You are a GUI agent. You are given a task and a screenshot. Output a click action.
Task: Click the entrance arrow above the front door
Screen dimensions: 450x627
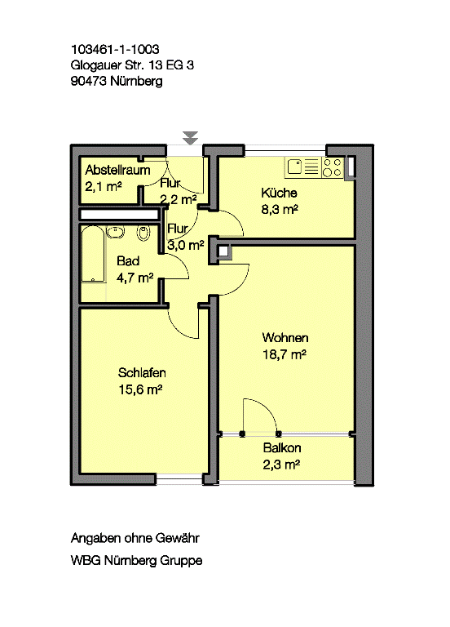click(x=190, y=137)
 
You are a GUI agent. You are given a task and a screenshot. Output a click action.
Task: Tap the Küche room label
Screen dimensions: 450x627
click(x=279, y=193)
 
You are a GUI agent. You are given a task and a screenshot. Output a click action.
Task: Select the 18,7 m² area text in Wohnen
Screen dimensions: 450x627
click(x=285, y=354)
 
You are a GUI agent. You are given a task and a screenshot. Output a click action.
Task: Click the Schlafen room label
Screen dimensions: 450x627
click(x=142, y=372)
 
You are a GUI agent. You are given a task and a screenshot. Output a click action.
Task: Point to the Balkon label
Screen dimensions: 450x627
click(x=282, y=448)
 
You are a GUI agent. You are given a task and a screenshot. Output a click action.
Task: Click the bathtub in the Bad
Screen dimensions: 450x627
click(x=93, y=255)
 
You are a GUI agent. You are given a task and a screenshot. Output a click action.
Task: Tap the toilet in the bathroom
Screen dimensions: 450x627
click(x=143, y=233)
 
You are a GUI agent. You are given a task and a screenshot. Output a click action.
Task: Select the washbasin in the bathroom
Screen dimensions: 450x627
click(x=116, y=232)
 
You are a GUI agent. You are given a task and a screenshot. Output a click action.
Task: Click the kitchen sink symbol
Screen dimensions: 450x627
click(x=302, y=167)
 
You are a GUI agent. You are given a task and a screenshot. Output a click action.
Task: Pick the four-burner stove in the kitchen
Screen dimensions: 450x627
click(x=333, y=167)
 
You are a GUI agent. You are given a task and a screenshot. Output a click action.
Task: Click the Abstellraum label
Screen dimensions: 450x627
click(x=117, y=170)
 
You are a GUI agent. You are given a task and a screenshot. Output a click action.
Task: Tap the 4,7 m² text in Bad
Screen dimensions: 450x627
click(x=135, y=278)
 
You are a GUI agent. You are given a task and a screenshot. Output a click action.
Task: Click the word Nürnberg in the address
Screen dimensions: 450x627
click(x=136, y=81)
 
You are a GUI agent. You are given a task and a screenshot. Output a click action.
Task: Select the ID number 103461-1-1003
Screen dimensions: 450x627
click(x=115, y=49)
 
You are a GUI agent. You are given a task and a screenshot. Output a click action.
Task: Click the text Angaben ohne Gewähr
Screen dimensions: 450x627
click(x=135, y=538)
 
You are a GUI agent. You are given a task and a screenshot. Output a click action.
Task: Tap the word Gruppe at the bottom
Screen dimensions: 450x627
click(x=181, y=560)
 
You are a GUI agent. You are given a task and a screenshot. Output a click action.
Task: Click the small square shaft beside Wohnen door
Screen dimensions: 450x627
click(x=223, y=251)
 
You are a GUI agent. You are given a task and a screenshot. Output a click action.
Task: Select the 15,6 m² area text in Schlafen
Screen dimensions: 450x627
click(x=140, y=389)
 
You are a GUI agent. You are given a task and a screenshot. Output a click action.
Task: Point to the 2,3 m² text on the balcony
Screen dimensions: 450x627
click(x=281, y=465)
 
